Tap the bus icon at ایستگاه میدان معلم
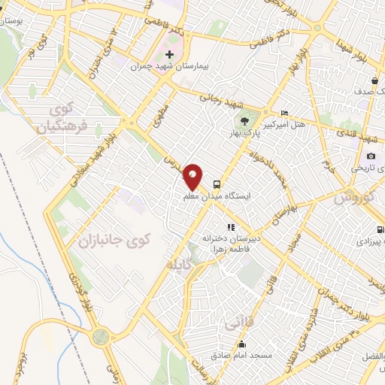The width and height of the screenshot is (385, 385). [x=217, y=183]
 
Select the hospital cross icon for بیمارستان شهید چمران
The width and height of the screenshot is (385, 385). [x=170, y=55]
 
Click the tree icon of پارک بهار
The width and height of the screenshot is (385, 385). [x=243, y=121]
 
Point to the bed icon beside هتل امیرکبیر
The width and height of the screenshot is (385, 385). [x=283, y=113]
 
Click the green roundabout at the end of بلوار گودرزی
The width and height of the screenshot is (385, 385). [x=99, y=338]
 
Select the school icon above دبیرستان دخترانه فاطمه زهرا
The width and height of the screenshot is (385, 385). [x=231, y=226]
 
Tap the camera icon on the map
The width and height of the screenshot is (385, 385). [x=371, y=156]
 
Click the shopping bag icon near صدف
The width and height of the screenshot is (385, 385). [x=374, y=80]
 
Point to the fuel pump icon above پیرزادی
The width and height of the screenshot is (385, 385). [x=380, y=231]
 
